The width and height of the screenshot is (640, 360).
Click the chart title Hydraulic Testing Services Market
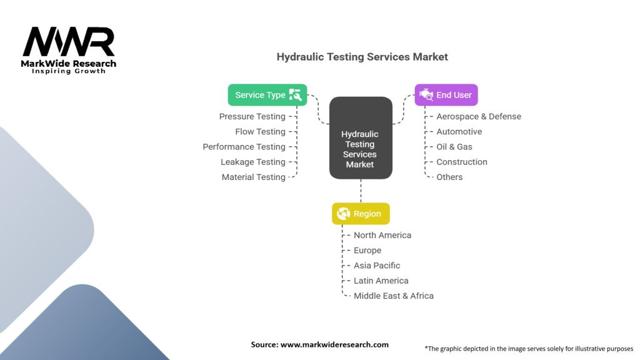point(362,57)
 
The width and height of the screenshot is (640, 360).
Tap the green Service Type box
point(267,95)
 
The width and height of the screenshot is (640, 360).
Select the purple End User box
point(446,95)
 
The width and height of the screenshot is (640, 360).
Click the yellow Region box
point(361,214)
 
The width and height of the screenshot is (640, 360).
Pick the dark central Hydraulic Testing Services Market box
point(360,137)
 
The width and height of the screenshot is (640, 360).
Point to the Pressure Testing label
point(252,116)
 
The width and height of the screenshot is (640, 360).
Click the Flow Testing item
point(260,132)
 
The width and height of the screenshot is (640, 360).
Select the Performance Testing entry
point(244,147)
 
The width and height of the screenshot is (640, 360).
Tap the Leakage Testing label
point(252,162)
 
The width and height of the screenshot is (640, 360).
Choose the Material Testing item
point(253,177)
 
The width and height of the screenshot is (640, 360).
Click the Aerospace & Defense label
point(478,116)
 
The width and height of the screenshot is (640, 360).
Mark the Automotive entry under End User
point(459,132)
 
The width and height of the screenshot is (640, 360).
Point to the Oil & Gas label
point(454,147)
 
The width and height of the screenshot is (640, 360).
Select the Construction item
point(461,162)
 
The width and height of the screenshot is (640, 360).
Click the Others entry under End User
point(449,177)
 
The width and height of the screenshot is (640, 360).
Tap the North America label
point(382,235)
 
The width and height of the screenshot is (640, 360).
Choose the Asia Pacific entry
point(377,266)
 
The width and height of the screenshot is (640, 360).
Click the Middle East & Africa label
point(393,296)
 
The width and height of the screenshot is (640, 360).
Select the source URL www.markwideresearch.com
point(334,344)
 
